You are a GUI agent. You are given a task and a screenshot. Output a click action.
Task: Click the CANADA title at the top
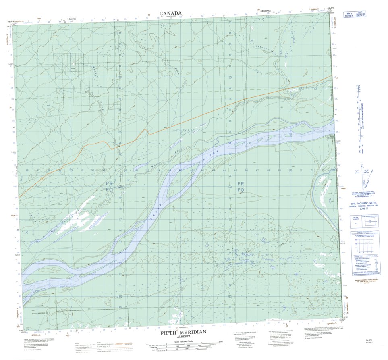click(x=170, y=13)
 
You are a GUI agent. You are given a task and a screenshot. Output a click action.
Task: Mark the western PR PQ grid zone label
click(x=109, y=186)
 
